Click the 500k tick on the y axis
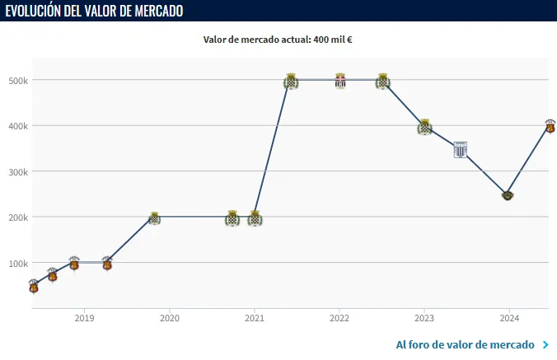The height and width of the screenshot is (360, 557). click(x=18, y=81)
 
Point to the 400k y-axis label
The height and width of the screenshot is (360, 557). click(x=18, y=126)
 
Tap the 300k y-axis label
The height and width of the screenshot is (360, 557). click(x=18, y=172)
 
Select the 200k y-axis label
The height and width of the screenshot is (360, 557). click(x=18, y=217)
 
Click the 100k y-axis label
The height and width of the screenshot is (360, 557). click(x=18, y=264)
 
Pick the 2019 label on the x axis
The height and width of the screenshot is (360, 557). click(x=83, y=318)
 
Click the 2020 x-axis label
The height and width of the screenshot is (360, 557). click(x=169, y=318)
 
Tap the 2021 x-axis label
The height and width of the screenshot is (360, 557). click(x=254, y=318)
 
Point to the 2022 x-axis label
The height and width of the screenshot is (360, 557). click(x=339, y=318)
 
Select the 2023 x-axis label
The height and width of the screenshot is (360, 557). click(x=424, y=318)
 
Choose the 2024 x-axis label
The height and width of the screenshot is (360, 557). click(x=509, y=318)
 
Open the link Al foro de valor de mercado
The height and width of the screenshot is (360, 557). click(x=466, y=344)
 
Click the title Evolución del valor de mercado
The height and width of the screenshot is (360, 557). click(x=95, y=11)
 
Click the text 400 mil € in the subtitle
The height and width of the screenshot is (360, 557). click(x=333, y=39)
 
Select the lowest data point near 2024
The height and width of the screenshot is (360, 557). click(x=508, y=195)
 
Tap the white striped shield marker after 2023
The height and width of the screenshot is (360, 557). click(x=461, y=149)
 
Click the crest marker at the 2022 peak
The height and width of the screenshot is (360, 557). click(x=340, y=81)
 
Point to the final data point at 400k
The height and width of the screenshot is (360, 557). click(x=550, y=126)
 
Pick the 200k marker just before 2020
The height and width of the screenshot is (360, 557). click(x=154, y=218)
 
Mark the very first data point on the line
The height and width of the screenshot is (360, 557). click(x=34, y=287)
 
